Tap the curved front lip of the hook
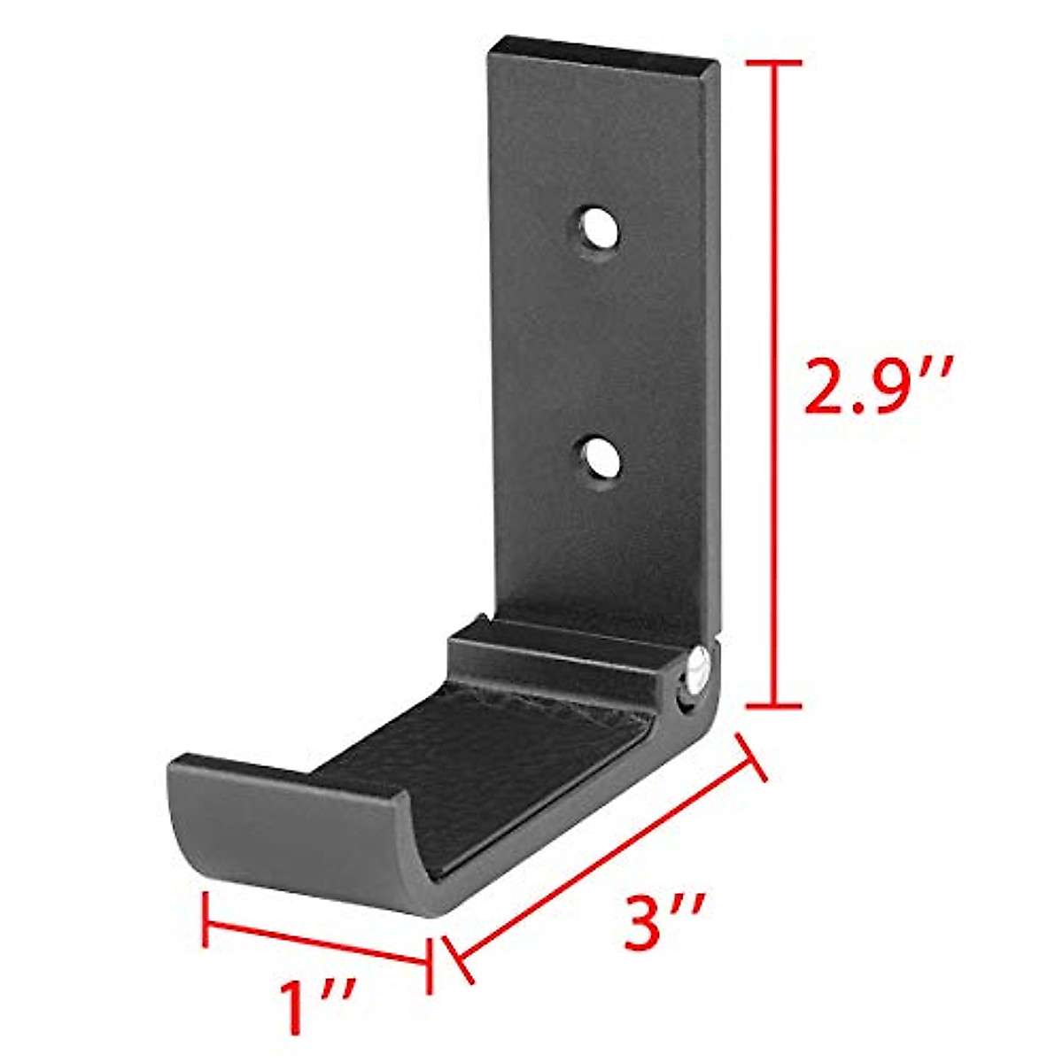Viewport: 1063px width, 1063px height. [x=292, y=842]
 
